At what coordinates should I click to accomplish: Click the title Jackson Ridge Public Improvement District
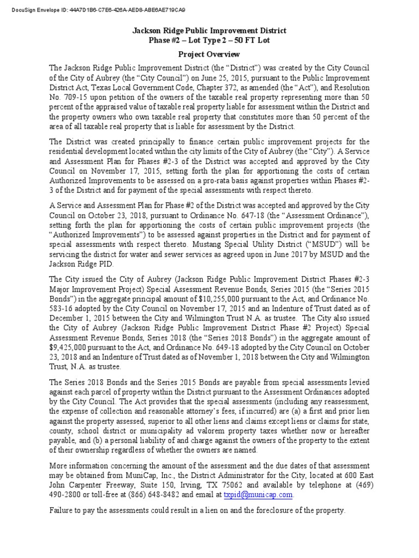click(x=209, y=31)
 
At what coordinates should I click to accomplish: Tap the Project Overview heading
click(x=209, y=54)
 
